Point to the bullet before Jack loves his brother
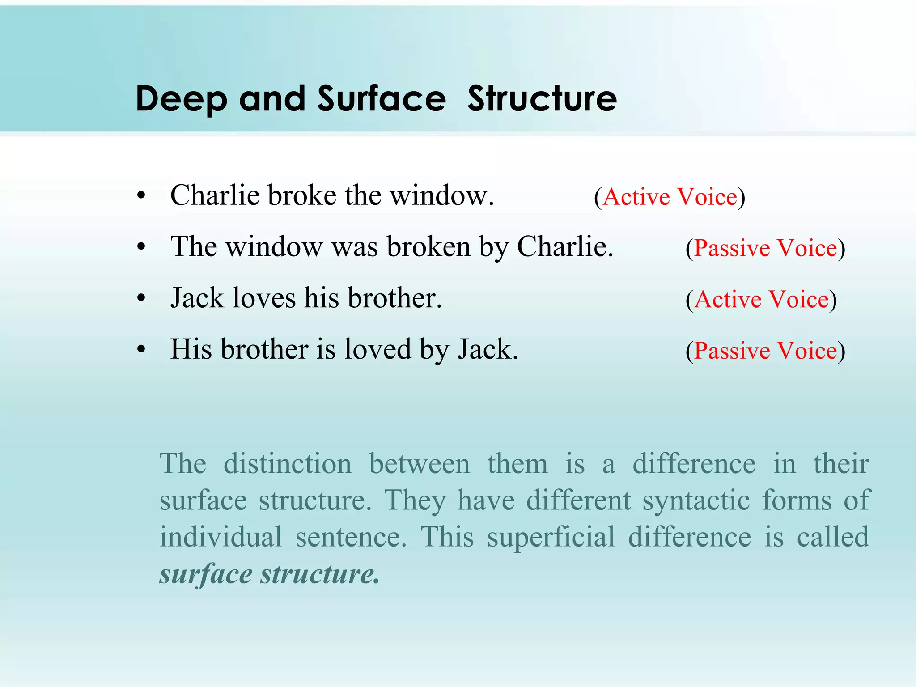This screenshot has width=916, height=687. [142, 298]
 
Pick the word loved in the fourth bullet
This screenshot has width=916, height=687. [377, 349]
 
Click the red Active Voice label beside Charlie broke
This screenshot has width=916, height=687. [670, 197]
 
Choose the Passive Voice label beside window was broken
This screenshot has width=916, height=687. [765, 248]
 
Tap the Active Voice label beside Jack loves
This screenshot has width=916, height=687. [761, 299]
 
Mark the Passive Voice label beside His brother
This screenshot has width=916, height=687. [765, 351]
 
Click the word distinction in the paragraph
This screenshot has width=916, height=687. [288, 463]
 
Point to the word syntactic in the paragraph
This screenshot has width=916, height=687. [696, 500]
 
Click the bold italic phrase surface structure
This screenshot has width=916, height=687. [269, 574]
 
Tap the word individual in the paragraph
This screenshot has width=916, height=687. [221, 537]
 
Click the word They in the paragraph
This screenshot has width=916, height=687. [415, 501]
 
